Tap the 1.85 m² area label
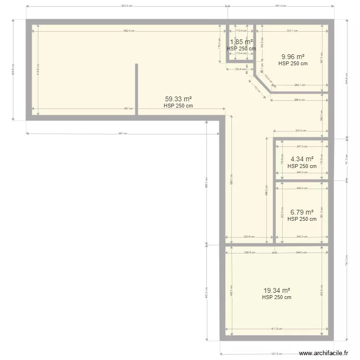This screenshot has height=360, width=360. coord(241,42)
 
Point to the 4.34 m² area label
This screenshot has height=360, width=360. coord(302,159)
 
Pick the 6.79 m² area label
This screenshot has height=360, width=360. coord(302,212)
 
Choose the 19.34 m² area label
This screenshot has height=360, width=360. coord(276,290)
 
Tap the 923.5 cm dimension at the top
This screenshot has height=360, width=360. coord(127,6)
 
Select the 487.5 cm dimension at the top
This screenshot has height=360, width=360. coord(280,6)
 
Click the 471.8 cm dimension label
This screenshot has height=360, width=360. coord(277,329)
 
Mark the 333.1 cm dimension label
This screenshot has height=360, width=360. coord(292,31)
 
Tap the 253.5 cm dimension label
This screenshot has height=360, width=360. coord(301,131)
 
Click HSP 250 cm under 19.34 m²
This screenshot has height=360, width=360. coord(276,298)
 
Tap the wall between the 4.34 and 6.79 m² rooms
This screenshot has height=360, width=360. coord(301,181)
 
